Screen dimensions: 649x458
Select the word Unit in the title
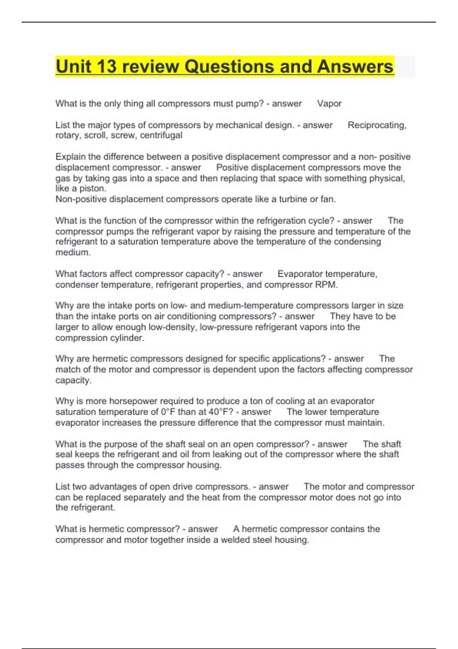(73, 66)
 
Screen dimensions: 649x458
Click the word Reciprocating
(377, 125)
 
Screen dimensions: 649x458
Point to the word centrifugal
(161, 135)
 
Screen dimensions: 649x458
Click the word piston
(93, 188)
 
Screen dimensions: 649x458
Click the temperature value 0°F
(168, 412)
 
